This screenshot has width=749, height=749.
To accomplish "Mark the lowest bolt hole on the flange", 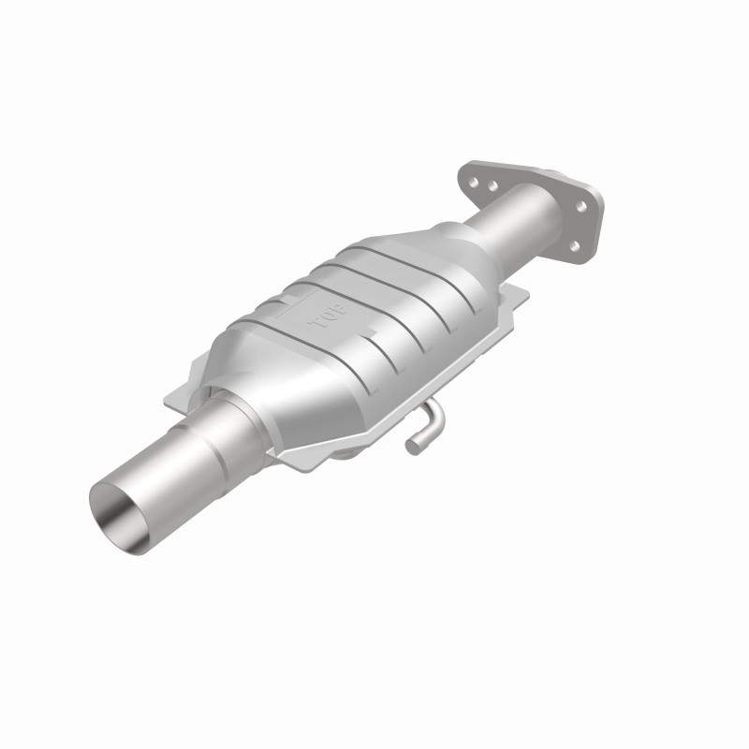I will (575, 245).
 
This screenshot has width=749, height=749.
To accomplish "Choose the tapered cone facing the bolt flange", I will (440, 243).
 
